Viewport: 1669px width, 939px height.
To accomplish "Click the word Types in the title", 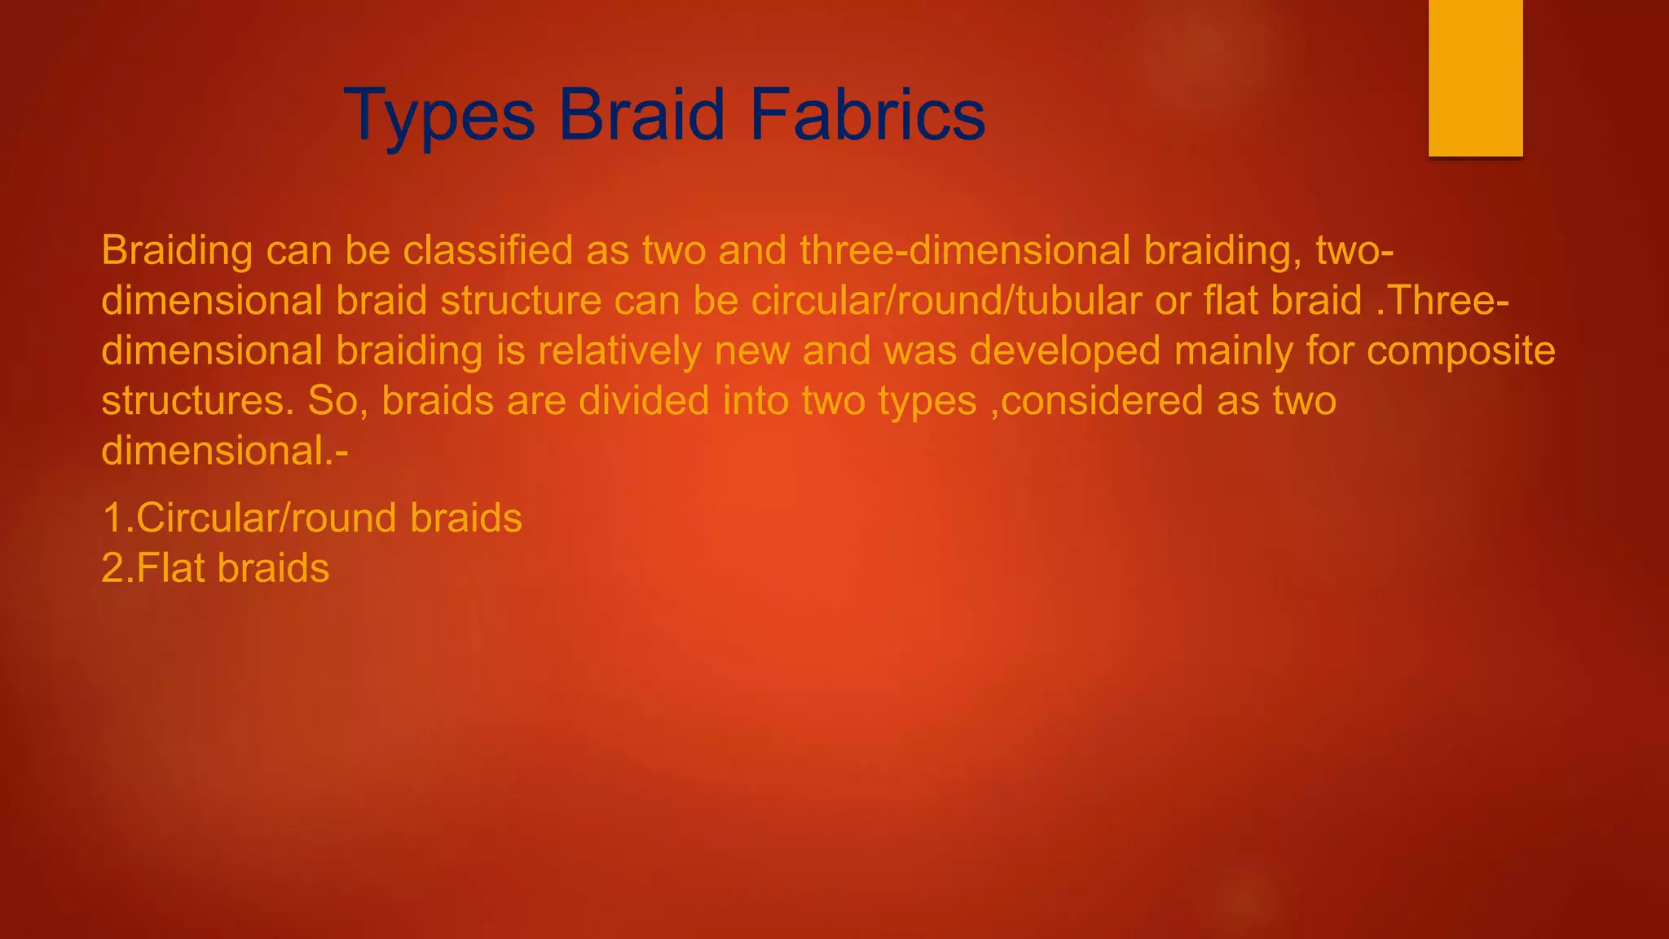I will tap(439, 116).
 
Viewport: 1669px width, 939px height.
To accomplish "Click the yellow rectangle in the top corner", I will tap(1475, 77).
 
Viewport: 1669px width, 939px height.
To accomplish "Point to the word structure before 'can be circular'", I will tap(521, 301).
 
